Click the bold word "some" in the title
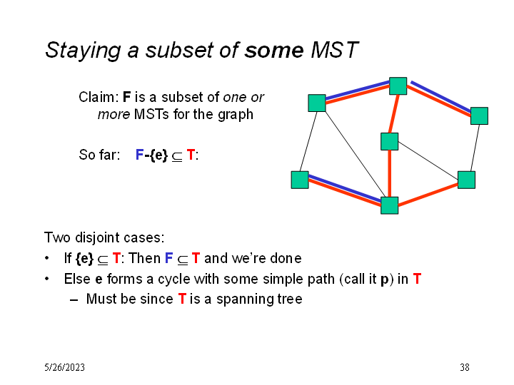273,50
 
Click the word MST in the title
334,50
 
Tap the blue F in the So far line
139,155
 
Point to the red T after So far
191,155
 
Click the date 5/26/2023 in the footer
64,367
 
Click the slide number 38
465,367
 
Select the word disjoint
96,238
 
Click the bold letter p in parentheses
385,280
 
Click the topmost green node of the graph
398,86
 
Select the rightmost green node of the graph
479,116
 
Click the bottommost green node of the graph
390,205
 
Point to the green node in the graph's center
390,141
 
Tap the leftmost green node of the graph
300,180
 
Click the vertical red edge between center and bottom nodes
390,173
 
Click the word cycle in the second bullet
174,279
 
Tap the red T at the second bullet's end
417,279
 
